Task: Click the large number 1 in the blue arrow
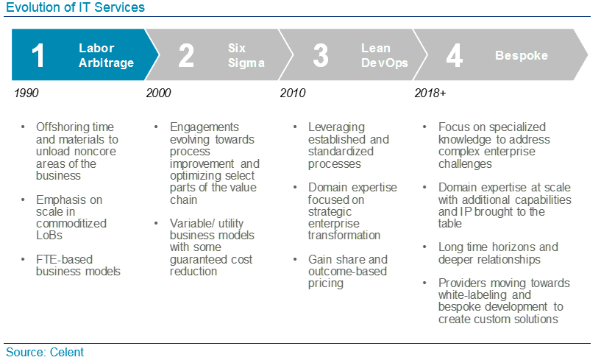tap(38, 55)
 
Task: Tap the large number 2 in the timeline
tap(186, 55)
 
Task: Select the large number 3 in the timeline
tap(321, 55)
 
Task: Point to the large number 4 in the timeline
tap(454, 55)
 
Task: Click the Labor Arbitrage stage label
tap(106, 55)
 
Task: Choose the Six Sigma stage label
tap(246, 55)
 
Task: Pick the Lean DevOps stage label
tap(385, 55)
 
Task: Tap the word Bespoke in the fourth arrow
tap(522, 55)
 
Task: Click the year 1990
tap(26, 93)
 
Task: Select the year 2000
tap(158, 93)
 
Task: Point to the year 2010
tap(293, 93)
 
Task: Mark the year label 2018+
tap(430, 93)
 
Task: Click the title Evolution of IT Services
tap(75, 7)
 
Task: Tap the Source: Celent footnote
tap(44, 352)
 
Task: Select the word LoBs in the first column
tap(49, 235)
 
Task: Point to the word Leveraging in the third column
tap(336, 127)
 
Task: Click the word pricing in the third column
tap(326, 283)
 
